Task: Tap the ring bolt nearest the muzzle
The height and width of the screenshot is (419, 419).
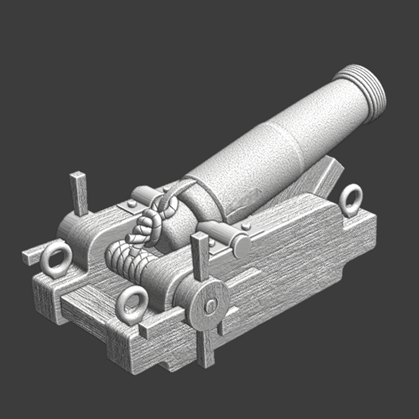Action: pyautogui.click(x=351, y=200)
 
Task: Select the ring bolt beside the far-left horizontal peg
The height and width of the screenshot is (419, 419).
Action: pyautogui.click(x=56, y=259)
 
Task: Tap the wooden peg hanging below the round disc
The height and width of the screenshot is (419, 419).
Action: pyautogui.click(x=206, y=346)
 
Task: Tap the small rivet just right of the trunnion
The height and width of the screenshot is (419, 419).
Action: pyautogui.click(x=246, y=225)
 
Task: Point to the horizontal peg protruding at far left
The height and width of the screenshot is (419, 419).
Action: pyautogui.click(x=32, y=255)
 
